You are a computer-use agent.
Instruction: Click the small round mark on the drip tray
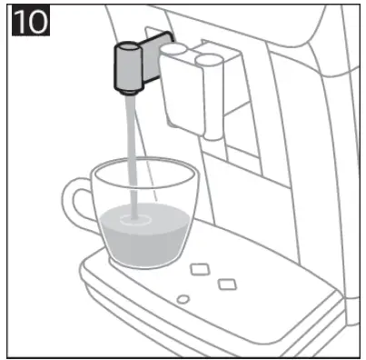182,299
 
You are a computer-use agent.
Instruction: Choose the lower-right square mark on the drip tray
225,284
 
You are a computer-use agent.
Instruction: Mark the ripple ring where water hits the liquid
138,219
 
